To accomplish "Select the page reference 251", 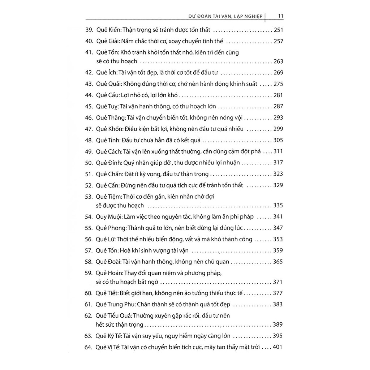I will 279,30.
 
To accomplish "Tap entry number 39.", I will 89,30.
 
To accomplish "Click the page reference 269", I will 279,73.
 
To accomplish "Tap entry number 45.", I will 89,106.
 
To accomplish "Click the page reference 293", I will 279,117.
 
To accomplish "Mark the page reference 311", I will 279,151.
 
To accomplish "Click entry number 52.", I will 89,185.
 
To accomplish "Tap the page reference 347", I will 279,228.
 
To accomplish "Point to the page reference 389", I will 279,324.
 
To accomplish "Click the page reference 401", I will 279,347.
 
